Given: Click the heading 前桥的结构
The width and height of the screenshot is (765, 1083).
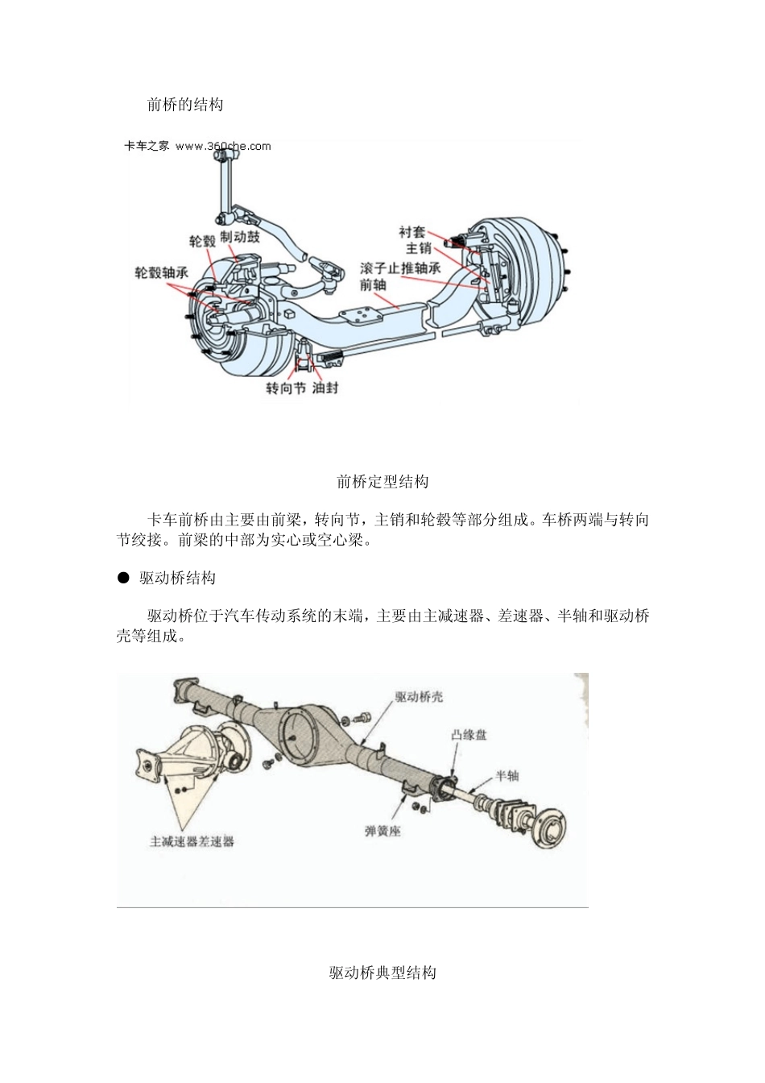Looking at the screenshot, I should point(185,105).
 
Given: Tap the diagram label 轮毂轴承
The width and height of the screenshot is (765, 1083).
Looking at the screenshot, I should point(161,272).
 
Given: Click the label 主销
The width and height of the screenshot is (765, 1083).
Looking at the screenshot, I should point(419,249).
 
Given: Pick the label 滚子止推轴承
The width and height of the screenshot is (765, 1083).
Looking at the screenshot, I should point(400,268).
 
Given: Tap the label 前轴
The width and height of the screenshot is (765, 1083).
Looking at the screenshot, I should point(373,284).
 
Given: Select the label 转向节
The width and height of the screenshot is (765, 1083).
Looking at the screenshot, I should point(286,388).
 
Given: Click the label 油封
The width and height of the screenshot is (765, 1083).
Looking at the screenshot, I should point(325,388).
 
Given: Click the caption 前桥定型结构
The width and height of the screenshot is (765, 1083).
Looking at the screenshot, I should point(382,482).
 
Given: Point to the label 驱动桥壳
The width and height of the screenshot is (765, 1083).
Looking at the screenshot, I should point(419,697).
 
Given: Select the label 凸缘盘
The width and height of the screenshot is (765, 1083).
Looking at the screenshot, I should point(469,735).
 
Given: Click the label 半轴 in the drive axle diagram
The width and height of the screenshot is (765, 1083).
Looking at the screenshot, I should point(507,775).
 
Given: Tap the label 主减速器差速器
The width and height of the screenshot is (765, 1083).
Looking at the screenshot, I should point(192,840).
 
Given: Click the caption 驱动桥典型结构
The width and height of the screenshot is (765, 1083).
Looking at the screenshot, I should point(382,973).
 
